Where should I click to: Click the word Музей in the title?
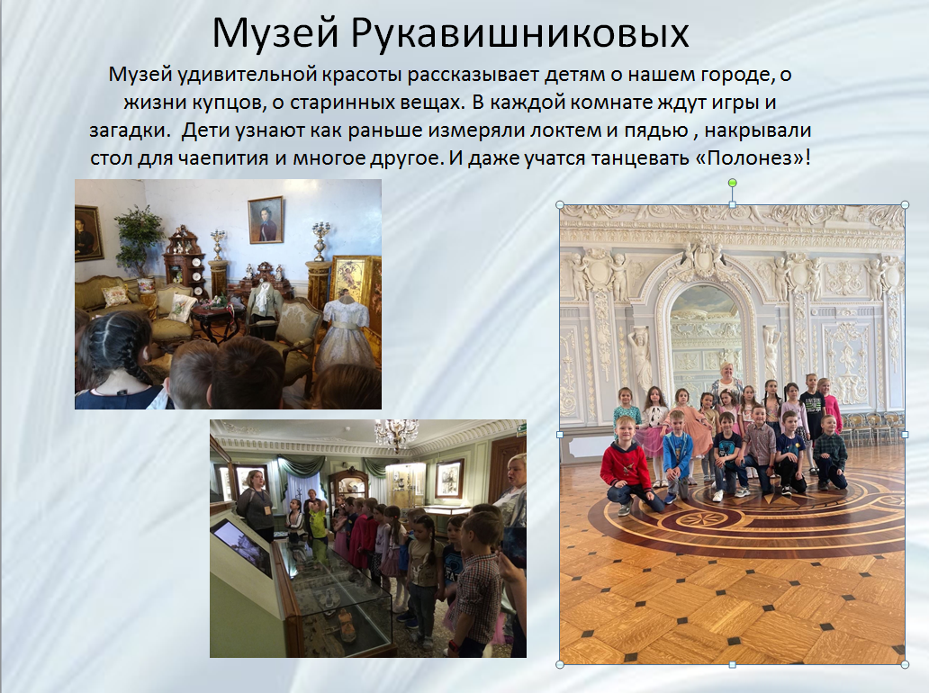[x=275, y=33]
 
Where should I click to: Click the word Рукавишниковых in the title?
[x=519, y=33]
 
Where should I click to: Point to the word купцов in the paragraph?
[x=229, y=103]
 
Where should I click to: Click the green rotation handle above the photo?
[x=732, y=183]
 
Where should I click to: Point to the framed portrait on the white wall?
[x=265, y=220]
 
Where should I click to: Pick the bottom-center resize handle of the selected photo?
[x=732, y=665]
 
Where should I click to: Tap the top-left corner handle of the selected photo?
[x=560, y=204]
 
